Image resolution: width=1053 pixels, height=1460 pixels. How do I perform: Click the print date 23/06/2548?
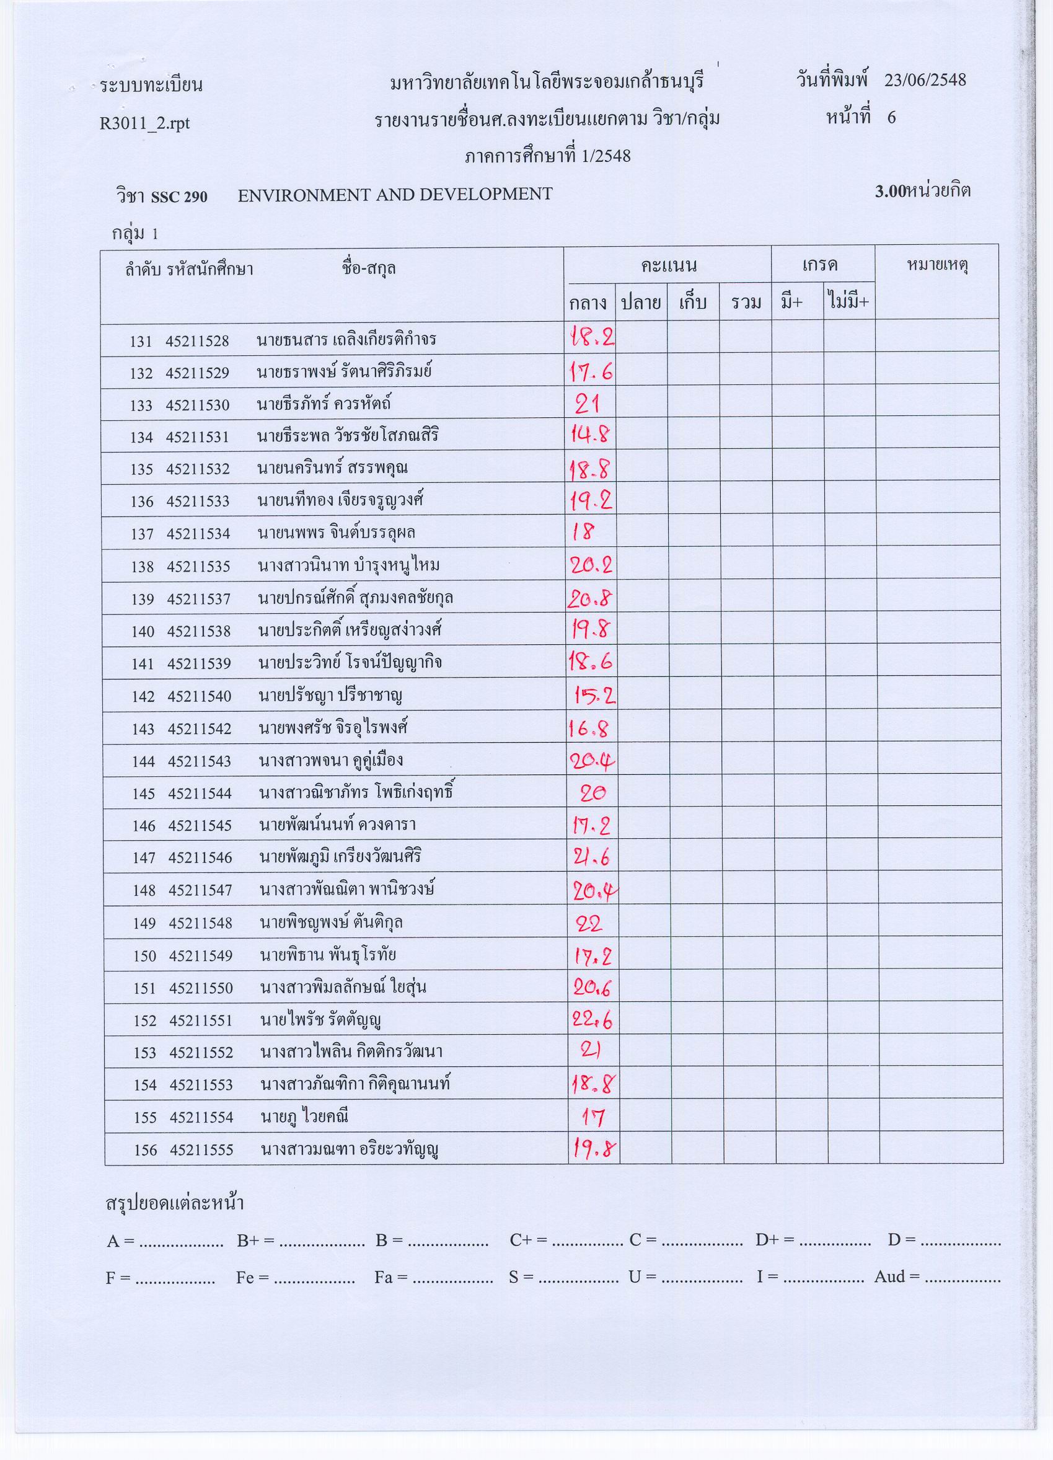[925, 81]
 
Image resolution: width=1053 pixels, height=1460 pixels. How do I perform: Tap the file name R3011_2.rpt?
[145, 123]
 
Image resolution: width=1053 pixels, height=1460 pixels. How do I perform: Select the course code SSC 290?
[179, 197]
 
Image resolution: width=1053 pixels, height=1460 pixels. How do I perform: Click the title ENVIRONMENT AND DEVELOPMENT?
[395, 195]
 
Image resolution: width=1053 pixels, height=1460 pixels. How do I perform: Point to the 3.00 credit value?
[889, 190]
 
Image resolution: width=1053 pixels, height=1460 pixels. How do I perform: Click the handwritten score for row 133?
[588, 404]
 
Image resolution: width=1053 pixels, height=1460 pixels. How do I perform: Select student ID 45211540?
[200, 696]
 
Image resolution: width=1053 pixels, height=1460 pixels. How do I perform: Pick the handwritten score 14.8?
[590, 436]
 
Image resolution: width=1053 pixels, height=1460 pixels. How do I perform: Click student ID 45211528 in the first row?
[197, 340]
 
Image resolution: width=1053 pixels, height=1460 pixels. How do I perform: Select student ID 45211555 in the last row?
[201, 1150]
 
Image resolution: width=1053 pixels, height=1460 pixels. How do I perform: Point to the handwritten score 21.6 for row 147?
[591, 857]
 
